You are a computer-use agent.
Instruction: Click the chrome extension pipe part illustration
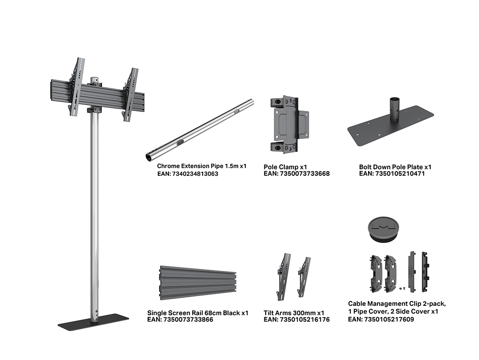click(x=200, y=130)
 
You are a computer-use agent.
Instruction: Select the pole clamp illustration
click(x=289, y=124)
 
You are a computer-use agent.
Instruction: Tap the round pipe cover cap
click(x=383, y=229)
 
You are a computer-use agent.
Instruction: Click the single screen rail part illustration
click(x=198, y=283)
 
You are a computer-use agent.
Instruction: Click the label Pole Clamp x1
click(x=285, y=167)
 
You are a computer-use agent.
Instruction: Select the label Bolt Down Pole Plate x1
click(x=395, y=167)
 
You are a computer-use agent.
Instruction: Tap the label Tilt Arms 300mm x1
click(x=294, y=313)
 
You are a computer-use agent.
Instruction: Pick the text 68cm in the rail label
click(x=213, y=313)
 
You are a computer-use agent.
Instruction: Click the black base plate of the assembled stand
click(x=94, y=322)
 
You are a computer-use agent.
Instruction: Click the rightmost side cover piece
click(x=425, y=271)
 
